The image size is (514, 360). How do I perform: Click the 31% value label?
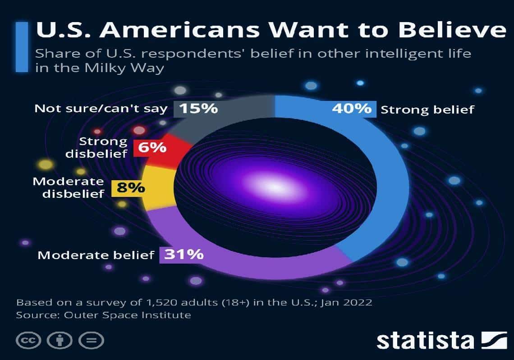[x=184, y=255]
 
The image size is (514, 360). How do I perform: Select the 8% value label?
[x=131, y=187]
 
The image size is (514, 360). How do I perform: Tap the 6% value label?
[x=152, y=147]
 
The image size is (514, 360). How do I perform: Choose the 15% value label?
[x=198, y=109]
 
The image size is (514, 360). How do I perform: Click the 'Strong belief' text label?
[x=427, y=109]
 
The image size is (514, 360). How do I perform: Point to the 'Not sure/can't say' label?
[x=101, y=109]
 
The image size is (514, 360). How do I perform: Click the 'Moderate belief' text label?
[x=96, y=255]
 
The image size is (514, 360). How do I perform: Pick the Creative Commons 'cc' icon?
[x=28, y=340]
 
